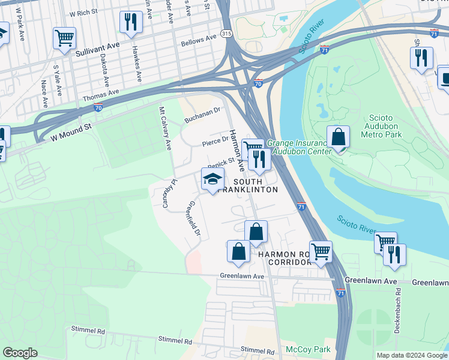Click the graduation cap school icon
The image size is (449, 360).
[212, 179]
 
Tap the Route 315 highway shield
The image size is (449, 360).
[226, 34]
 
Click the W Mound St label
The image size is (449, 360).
[70, 132]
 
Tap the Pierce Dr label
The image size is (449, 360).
[215, 142]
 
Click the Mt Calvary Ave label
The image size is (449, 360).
[165, 128]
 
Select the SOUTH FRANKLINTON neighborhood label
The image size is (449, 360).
[255, 185]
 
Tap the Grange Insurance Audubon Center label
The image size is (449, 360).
[300, 147]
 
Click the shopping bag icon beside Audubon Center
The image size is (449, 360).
[339, 137]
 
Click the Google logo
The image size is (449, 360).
[20, 353]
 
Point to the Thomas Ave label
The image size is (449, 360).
[101, 95]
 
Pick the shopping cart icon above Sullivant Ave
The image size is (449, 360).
[64, 38]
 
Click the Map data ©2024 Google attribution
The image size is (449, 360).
[412, 355]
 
